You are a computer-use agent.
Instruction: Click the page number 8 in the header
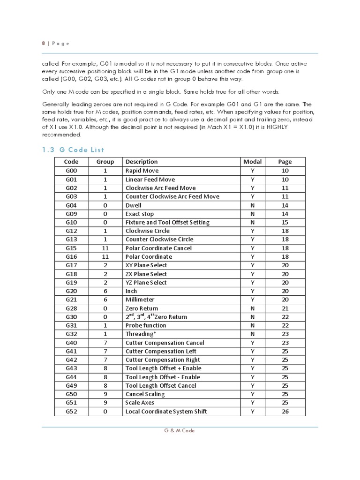[x=43, y=43]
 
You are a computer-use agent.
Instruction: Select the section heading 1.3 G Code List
[x=73, y=150]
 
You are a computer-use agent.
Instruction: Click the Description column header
[x=142, y=162]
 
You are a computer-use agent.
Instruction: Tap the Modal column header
[x=252, y=162]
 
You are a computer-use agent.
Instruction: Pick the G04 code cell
[x=71, y=205]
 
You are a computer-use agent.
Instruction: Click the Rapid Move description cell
[x=142, y=171]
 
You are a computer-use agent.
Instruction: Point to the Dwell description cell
[x=133, y=205]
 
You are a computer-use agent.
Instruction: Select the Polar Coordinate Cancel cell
[x=158, y=248]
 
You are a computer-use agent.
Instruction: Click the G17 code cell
[x=71, y=265]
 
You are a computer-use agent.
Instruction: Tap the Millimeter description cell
[x=140, y=300]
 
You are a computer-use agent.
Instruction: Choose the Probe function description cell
[x=146, y=325]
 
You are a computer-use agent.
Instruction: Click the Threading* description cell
[x=140, y=334]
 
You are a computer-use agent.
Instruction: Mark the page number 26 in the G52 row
[x=285, y=412]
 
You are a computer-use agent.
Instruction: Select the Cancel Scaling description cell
[x=145, y=394]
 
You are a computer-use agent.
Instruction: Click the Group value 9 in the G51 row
[x=105, y=403]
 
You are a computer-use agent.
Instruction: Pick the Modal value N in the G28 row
[x=252, y=308]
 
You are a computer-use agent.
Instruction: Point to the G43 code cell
[x=71, y=368]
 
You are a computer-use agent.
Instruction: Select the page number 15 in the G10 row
[x=285, y=222]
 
